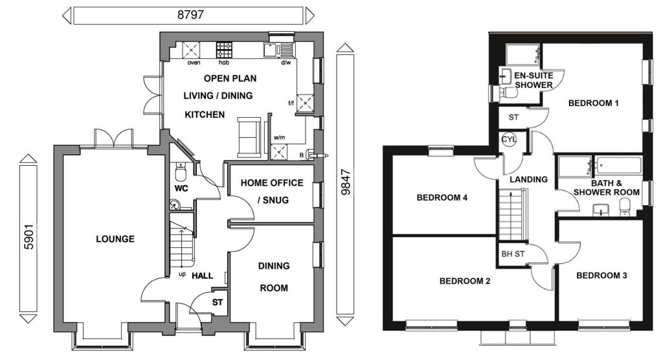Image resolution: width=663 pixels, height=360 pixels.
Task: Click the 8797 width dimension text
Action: pos(188,15)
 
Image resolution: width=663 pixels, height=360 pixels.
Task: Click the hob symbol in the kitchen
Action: pos(224,49)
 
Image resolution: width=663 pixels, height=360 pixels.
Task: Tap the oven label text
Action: pos(194,63)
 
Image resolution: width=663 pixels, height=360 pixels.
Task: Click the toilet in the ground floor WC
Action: pos(180,172)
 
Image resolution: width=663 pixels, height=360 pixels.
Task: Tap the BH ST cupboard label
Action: pos(512,254)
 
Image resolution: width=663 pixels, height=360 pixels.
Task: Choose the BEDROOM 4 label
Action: pos(442,197)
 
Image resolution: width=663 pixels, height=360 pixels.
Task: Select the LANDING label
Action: pos(528,179)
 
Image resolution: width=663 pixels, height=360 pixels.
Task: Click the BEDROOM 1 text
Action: pos(594,103)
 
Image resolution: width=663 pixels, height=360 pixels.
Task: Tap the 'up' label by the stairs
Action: pos(182,275)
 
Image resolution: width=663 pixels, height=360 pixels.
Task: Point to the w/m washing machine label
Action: pos(279,137)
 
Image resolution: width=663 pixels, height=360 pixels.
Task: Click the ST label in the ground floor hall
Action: pos(218,302)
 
